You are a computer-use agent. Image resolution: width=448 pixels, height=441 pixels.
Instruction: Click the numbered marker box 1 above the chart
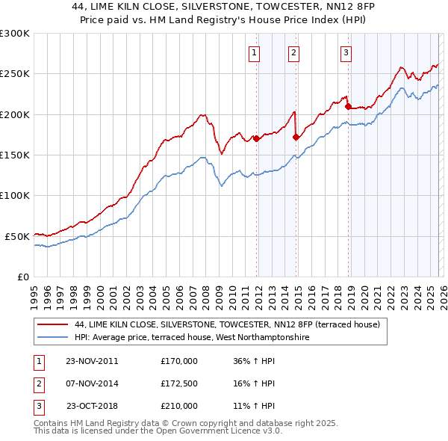pos(255,52)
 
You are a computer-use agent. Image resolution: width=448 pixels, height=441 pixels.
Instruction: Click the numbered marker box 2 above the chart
pos(294,52)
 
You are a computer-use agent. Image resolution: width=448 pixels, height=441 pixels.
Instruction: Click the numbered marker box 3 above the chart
pos(346,52)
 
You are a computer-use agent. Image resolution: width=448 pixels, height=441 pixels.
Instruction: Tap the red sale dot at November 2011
pos(256,138)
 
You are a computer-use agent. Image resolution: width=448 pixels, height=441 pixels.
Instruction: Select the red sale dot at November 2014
pos(296,137)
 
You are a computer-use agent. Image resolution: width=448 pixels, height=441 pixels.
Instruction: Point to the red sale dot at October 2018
pos(348,106)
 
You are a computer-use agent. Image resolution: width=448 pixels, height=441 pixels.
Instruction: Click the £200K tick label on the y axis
pos(15,114)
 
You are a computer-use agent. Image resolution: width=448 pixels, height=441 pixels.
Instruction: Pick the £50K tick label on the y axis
pos(18,236)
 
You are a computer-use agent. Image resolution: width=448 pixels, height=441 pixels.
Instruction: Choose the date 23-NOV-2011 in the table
pos(92,361)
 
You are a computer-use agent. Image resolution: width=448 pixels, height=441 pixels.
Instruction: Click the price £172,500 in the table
pos(179,383)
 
